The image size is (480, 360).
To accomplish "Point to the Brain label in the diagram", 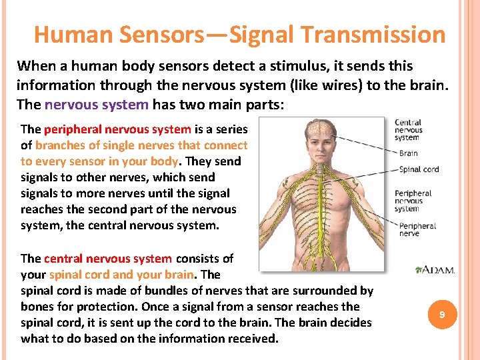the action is click(408, 153).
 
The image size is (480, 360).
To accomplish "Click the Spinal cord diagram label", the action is click(419, 169).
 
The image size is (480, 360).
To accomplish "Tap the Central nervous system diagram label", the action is click(408, 130).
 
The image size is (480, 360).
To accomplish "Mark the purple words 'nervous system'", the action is click(97, 105).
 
